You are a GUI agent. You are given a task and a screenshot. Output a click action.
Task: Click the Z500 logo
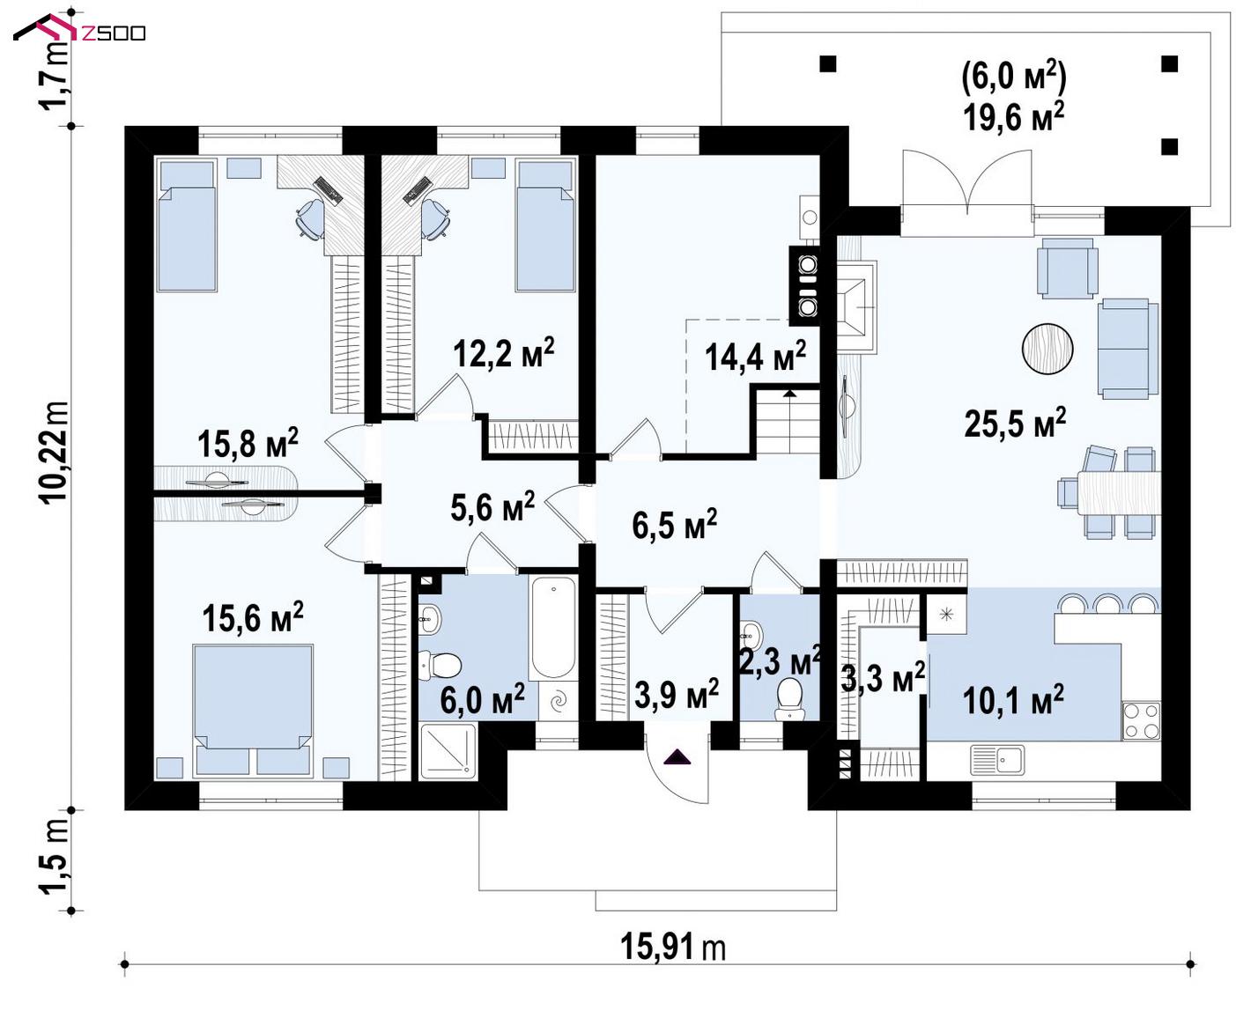point(79,30)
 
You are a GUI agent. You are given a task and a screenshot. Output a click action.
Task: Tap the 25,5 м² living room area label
point(1015,423)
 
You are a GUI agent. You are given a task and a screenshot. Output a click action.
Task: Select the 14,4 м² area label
point(755,356)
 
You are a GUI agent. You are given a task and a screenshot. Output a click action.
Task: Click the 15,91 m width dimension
point(672,947)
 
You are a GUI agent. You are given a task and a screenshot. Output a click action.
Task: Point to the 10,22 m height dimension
point(53,453)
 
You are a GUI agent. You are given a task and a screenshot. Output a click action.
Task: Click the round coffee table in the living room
point(1047,349)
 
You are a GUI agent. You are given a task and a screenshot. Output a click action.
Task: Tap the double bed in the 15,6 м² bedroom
point(253,710)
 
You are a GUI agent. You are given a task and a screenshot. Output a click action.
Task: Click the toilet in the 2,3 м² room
point(789,699)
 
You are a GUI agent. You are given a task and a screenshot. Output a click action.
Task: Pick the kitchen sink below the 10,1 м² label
point(997,761)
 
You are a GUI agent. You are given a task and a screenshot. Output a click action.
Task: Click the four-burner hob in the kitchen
point(1141,720)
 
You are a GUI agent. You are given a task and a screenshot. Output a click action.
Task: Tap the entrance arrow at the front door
point(677,757)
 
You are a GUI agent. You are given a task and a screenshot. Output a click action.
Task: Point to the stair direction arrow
point(788,393)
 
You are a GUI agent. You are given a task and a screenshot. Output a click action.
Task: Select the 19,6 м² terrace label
point(1013,116)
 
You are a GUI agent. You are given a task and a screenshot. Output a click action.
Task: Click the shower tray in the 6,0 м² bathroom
point(448,751)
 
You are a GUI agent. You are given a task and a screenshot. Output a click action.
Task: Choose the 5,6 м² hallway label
point(492,506)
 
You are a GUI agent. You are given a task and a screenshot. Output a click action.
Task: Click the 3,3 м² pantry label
point(883,677)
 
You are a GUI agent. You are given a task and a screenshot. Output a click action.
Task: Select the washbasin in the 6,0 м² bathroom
point(430,619)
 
